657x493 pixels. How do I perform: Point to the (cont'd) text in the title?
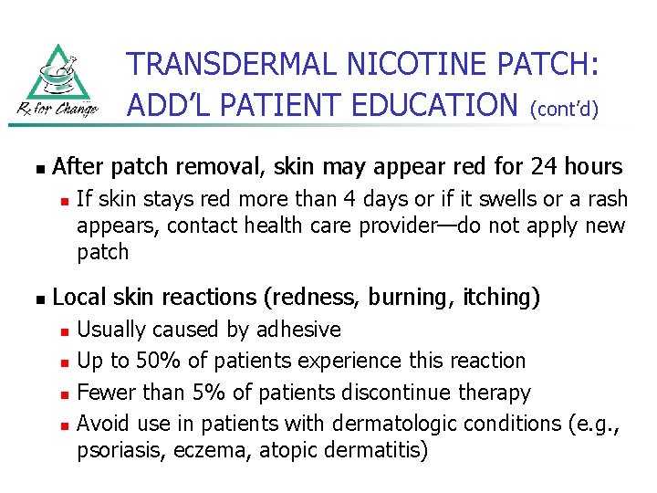pos(564,110)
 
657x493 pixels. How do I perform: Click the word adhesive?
pos(299,330)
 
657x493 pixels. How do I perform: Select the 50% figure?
pos(153,361)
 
